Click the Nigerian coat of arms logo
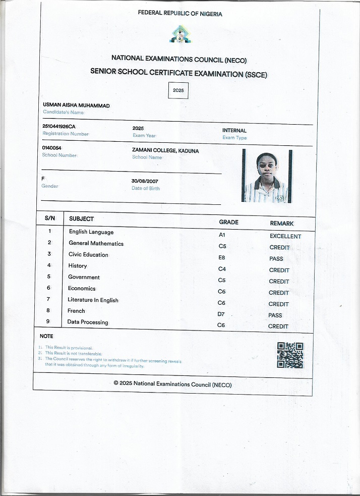pos(179,35)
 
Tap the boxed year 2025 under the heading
pos(178,91)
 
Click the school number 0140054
pos(52,147)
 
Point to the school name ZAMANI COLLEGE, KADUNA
pos(165,150)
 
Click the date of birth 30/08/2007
pos(145,181)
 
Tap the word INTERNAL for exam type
pos(234,130)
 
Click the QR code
pos(290,355)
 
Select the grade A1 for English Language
pos(222,235)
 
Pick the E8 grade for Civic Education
pos(222,257)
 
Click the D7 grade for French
pos(221,314)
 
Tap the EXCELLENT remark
pos(285,236)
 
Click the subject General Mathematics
pos(96,243)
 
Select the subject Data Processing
pos(88,322)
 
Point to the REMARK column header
pos(282,223)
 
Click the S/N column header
pos(50,218)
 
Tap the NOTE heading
pos(46,336)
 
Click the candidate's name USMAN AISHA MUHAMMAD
pos(76,105)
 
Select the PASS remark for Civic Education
pos(276,258)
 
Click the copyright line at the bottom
pos(173,384)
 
